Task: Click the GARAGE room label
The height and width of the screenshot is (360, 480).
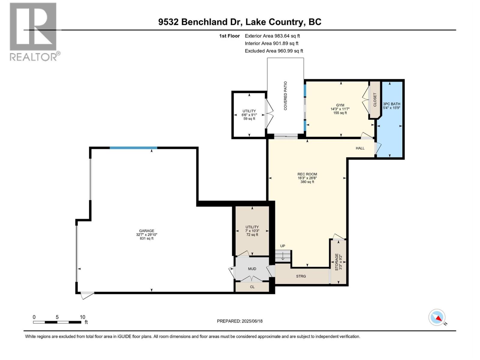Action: (146, 231)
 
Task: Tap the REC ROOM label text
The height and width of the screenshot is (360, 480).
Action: (307, 174)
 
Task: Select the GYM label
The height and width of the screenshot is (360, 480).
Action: (340, 105)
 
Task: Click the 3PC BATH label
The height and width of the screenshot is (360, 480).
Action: (391, 104)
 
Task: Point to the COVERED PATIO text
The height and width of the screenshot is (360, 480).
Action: (285, 96)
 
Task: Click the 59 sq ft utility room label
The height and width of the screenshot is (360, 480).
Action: (249, 115)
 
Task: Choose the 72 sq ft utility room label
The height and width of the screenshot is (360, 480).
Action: (252, 231)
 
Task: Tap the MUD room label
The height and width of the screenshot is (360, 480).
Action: (252, 269)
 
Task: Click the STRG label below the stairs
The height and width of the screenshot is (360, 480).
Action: (301, 276)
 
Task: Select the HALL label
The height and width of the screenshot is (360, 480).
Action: (360, 148)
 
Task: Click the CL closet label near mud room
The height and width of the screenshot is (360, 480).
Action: (252, 287)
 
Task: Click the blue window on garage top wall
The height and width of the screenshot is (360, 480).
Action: (133, 148)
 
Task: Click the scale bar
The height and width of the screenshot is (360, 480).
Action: (57, 322)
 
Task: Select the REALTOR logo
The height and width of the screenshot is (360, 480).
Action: (33, 31)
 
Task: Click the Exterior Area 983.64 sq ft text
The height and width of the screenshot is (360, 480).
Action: (272, 36)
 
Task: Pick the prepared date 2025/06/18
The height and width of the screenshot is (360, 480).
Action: (240, 321)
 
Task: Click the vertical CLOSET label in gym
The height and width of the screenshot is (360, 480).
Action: (375, 100)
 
